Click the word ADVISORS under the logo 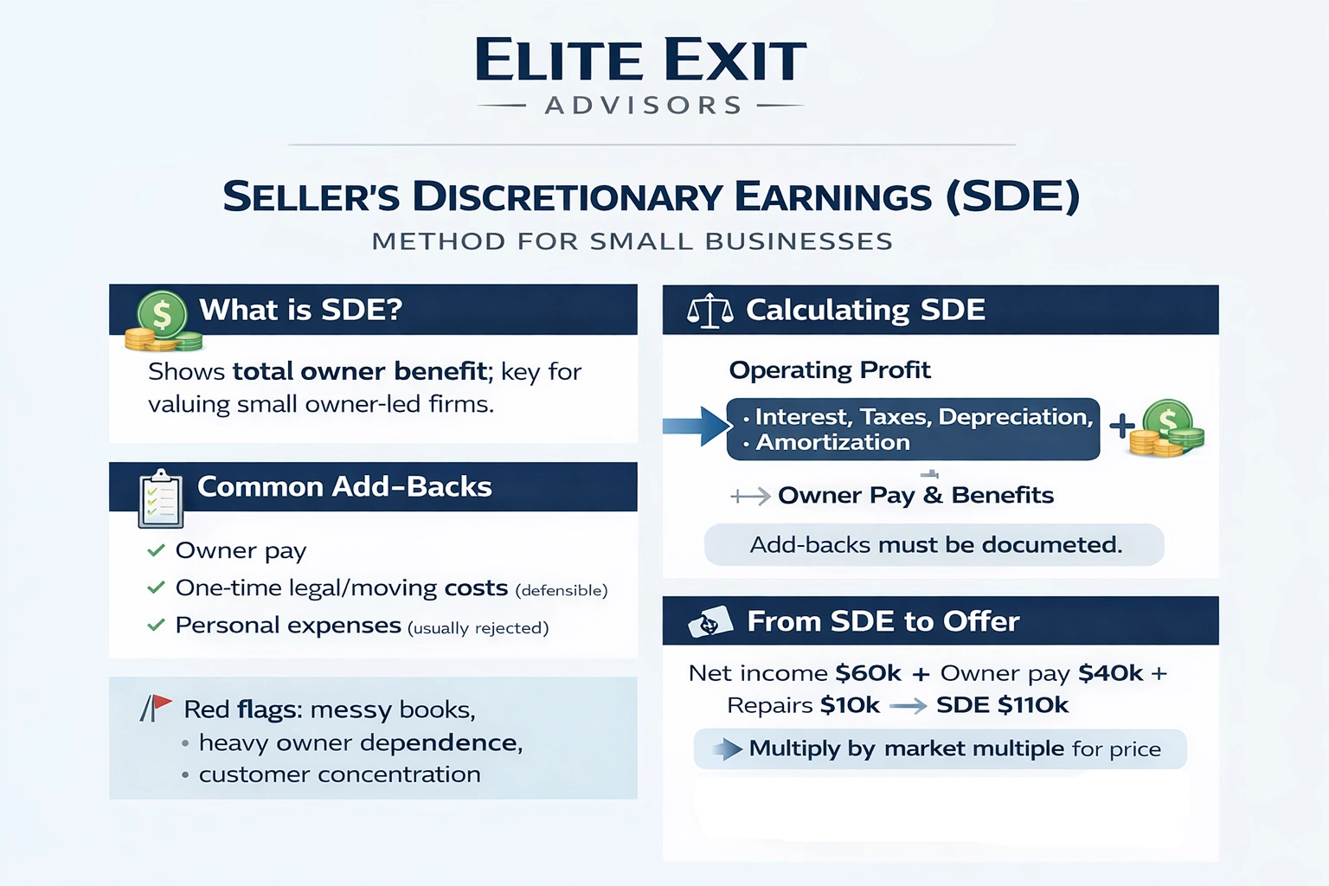(644, 106)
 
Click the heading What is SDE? (300, 310)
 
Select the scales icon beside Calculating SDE (709, 311)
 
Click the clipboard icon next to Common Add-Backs (161, 499)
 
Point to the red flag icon (157, 707)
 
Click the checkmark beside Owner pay (156, 550)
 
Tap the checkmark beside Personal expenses (156, 625)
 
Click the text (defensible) (561, 590)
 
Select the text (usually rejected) (478, 628)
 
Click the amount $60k (868, 673)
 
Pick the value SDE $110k (1002, 705)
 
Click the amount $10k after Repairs (850, 705)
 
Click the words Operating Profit (829, 370)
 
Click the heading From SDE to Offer (883, 621)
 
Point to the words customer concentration (339, 774)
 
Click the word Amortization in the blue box (832, 442)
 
